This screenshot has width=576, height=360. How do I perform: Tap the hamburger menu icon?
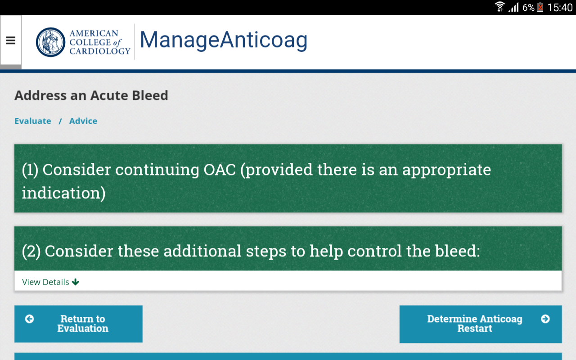10,40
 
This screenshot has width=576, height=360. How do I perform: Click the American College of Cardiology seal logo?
50,42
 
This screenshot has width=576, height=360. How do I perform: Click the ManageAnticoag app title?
224,40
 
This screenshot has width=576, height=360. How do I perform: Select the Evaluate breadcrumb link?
33,121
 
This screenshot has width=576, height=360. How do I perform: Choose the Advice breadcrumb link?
83,121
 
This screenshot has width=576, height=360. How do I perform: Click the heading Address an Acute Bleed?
91,95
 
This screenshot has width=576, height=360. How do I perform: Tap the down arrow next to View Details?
75,282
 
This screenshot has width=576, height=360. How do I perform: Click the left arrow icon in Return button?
30,319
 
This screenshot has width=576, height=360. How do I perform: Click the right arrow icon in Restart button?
545,319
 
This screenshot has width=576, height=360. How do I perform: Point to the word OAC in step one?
220,170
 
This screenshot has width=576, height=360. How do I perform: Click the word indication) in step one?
63,193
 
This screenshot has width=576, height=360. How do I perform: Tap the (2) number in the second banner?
31,251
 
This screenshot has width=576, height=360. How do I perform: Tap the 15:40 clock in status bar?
560,8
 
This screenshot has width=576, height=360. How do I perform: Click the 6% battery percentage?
528,8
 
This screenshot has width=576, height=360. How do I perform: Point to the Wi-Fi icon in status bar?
500,7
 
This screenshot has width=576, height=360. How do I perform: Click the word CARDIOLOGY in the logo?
100,51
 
